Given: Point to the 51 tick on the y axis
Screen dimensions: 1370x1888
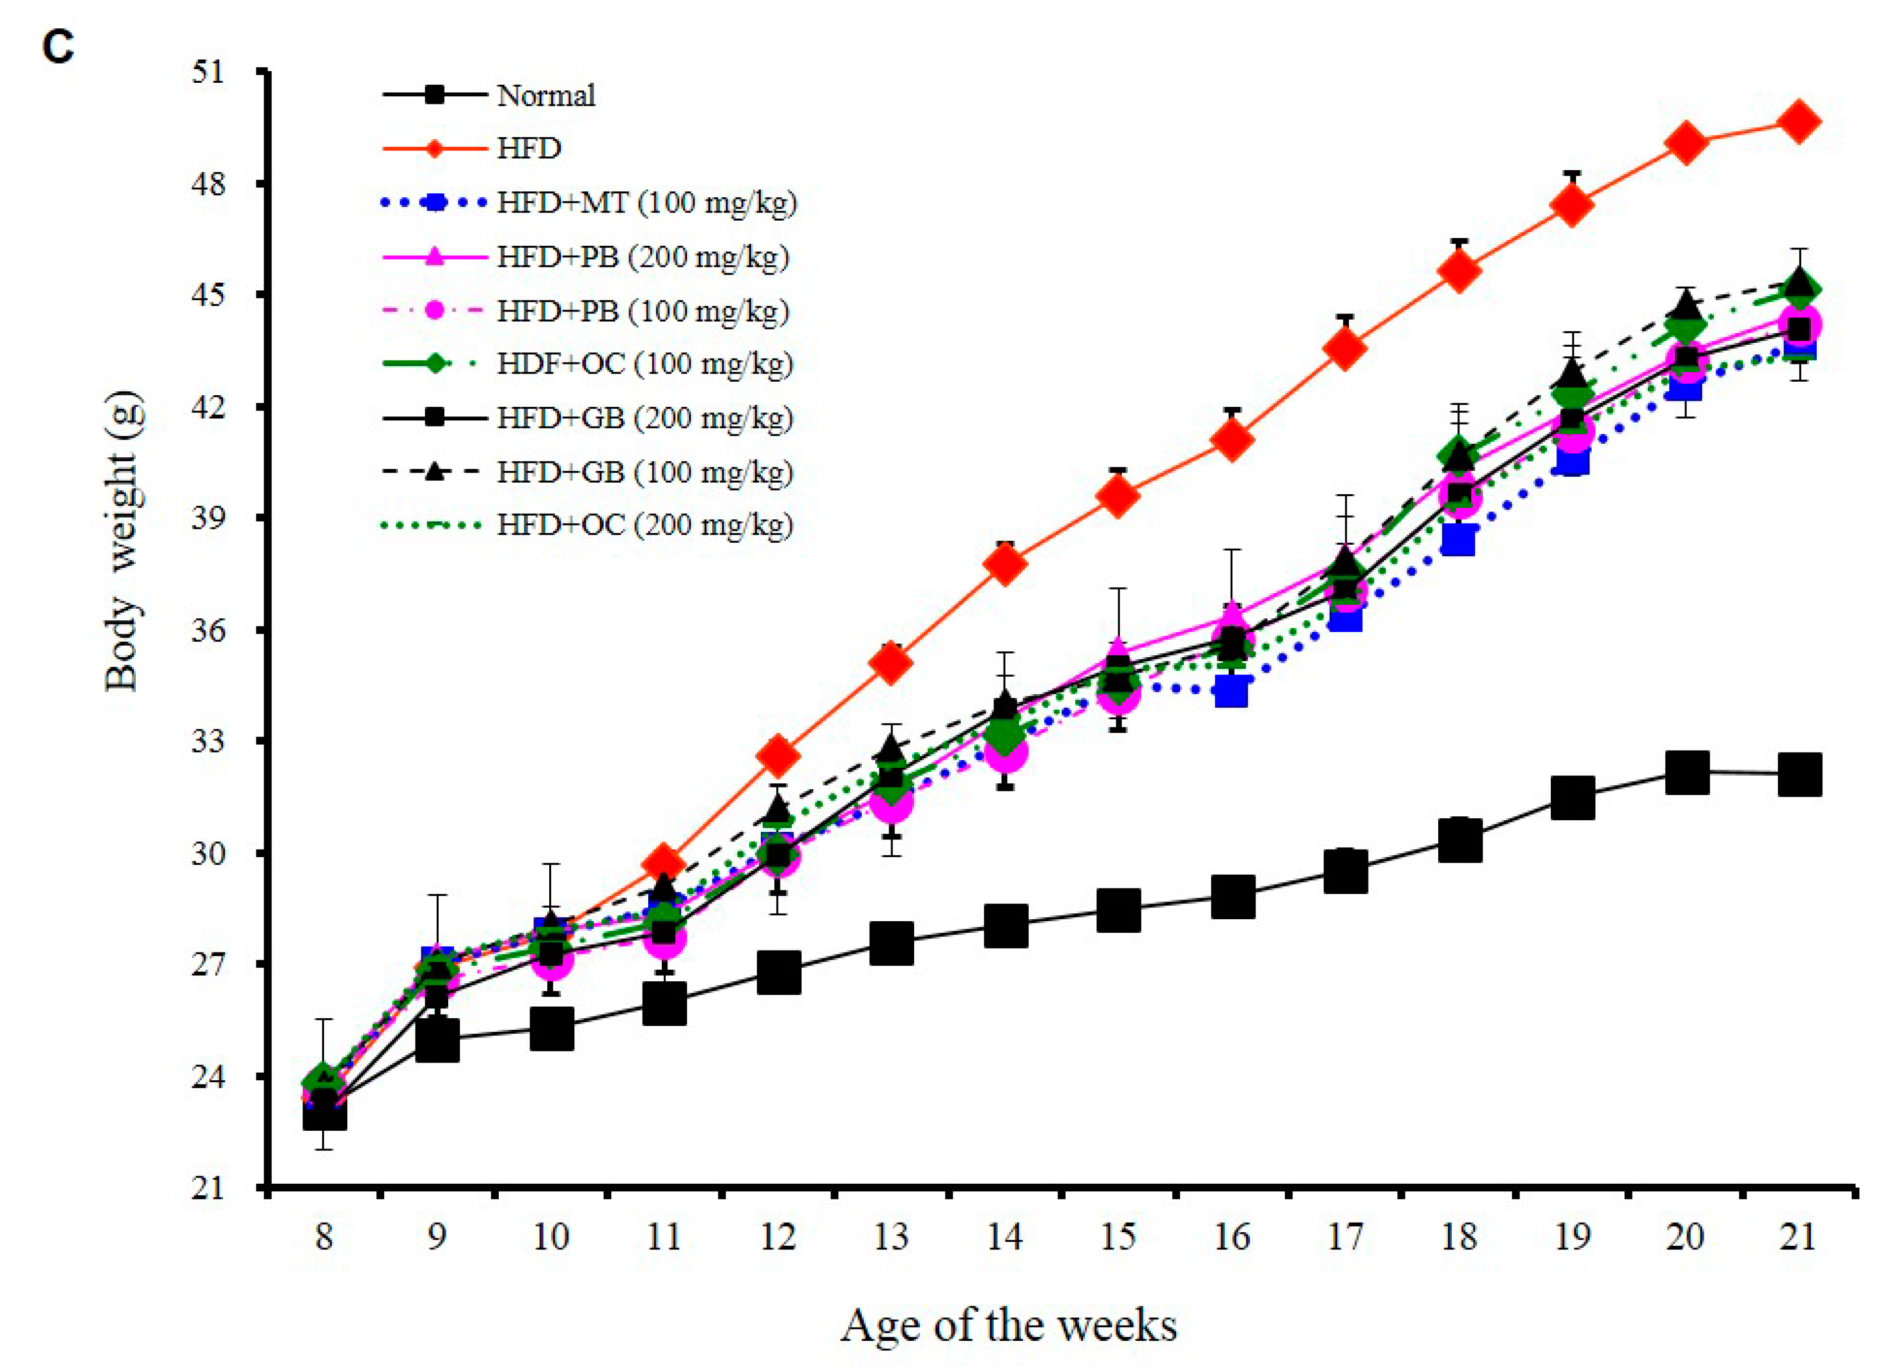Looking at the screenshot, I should click(208, 72).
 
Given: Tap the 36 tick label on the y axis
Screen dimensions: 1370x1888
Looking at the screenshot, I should click(208, 630).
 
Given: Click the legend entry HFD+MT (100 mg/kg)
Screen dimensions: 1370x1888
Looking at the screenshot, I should click(646, 202).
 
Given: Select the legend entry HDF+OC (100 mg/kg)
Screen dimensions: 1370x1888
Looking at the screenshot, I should click(644, 364).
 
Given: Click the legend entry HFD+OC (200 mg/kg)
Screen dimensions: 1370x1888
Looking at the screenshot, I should click(644, 524).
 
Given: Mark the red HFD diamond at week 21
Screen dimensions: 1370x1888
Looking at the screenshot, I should click(1798, 122).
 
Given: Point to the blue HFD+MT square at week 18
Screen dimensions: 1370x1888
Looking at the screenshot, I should click(1458, 540).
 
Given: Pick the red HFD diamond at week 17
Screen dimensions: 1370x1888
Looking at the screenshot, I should click(1345, 347).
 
